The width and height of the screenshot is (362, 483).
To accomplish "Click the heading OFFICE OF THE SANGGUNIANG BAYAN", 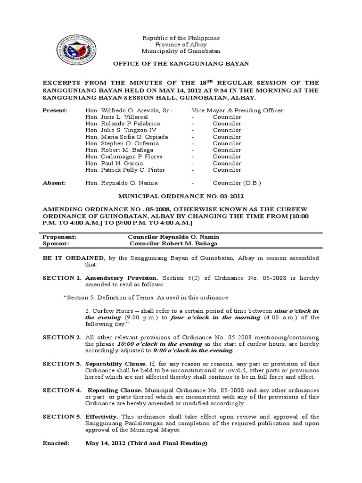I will click(181, 63).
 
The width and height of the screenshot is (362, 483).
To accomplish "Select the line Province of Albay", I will click(181, 44).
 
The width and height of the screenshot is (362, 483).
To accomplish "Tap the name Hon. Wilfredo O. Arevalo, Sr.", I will click(129, 110).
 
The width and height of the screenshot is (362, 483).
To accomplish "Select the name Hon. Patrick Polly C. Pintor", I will click(125, 170).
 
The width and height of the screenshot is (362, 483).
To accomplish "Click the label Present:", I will click(55, 110).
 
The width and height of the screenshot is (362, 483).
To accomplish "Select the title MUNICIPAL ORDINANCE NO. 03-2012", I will click(181, 196).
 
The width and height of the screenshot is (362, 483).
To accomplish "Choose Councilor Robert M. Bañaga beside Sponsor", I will click(174, 243).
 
